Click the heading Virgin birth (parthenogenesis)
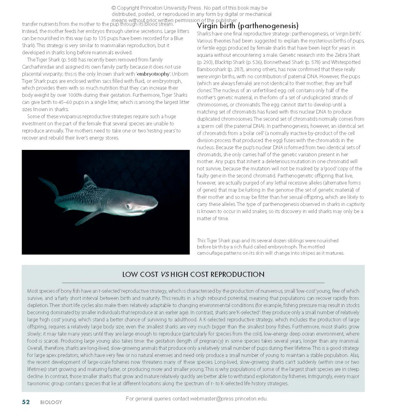[x=248, y=26]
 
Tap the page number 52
[x=26, y=402]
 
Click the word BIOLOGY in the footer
[x=51, y=403]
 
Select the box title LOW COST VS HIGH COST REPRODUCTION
[x=193, y=275]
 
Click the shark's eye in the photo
[x=128, y=206]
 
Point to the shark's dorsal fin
[x=89, y=182]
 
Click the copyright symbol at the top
[x=114, y=8]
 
